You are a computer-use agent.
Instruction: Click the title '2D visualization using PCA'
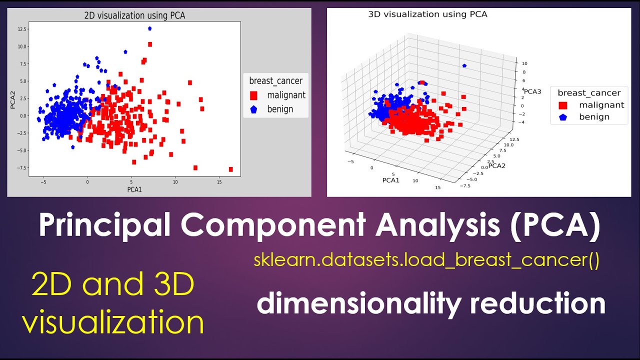click(x=134, y=15)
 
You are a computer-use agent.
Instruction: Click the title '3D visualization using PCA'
click(x=427, y=14)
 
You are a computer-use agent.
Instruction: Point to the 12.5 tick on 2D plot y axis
click(x=22, y=29)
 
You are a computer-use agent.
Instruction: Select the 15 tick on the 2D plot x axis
click(x=219, y=182)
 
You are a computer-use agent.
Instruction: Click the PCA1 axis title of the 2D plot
click(x=134, y=190)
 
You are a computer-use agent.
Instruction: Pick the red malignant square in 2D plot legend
click(x=254, y=95)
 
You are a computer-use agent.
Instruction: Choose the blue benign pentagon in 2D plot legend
click(x=254, y=109)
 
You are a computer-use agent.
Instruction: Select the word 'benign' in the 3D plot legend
click(x=594, y=117)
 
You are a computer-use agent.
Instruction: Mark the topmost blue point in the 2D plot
click(x=149, y=28)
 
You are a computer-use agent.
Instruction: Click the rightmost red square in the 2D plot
click(x=230, y=169)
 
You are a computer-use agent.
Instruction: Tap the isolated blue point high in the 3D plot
click(x=464, y=65)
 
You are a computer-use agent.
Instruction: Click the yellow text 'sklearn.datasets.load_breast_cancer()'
click(x=426, y=260)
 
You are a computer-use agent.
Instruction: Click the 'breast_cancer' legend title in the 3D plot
click(x=589, y=92)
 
